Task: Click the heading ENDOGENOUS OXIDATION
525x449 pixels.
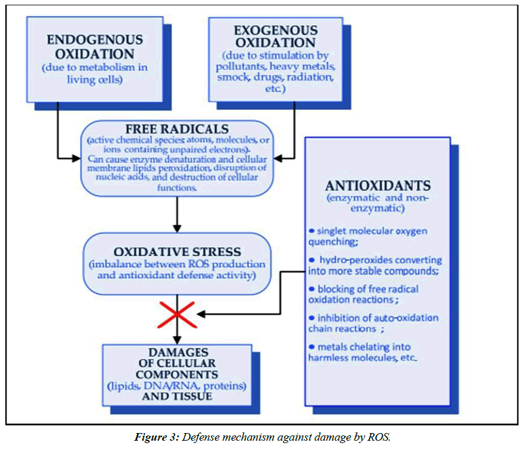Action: point(94,47)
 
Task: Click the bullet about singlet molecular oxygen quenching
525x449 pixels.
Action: point(367,236)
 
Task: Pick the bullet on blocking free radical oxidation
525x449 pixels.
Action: point(363,294)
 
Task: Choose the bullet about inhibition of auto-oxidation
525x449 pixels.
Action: point(373,323)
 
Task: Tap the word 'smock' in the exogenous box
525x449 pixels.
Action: point(233,77)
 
